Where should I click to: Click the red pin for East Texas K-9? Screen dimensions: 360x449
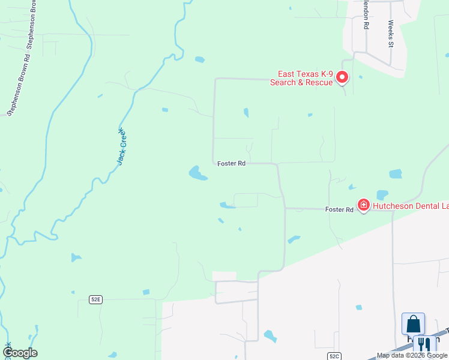(342, 77)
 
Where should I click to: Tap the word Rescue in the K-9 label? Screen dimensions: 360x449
(318, 82)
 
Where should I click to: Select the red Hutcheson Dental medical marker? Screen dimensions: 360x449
(363, 205)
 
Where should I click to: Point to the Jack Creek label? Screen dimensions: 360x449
(122, 146)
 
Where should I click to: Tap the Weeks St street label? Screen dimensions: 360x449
(390, 34)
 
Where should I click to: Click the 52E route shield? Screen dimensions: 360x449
(95, 299)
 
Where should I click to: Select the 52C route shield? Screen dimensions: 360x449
(334, 355)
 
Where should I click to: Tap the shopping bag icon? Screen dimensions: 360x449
(413, 324)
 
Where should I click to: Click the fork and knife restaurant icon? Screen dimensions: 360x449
(425, 344)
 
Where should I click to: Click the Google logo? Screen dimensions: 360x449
(20, 353)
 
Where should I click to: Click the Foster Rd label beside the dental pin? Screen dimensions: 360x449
(339, 209)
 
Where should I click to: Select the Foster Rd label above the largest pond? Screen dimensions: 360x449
(231, 163)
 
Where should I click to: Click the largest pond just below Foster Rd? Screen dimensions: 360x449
(197, 173)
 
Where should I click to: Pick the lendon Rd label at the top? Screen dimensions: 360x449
(365, 15)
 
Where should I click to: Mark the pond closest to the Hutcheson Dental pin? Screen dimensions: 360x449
(382, 195)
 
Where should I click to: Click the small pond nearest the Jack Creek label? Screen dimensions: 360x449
(164, 110)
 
